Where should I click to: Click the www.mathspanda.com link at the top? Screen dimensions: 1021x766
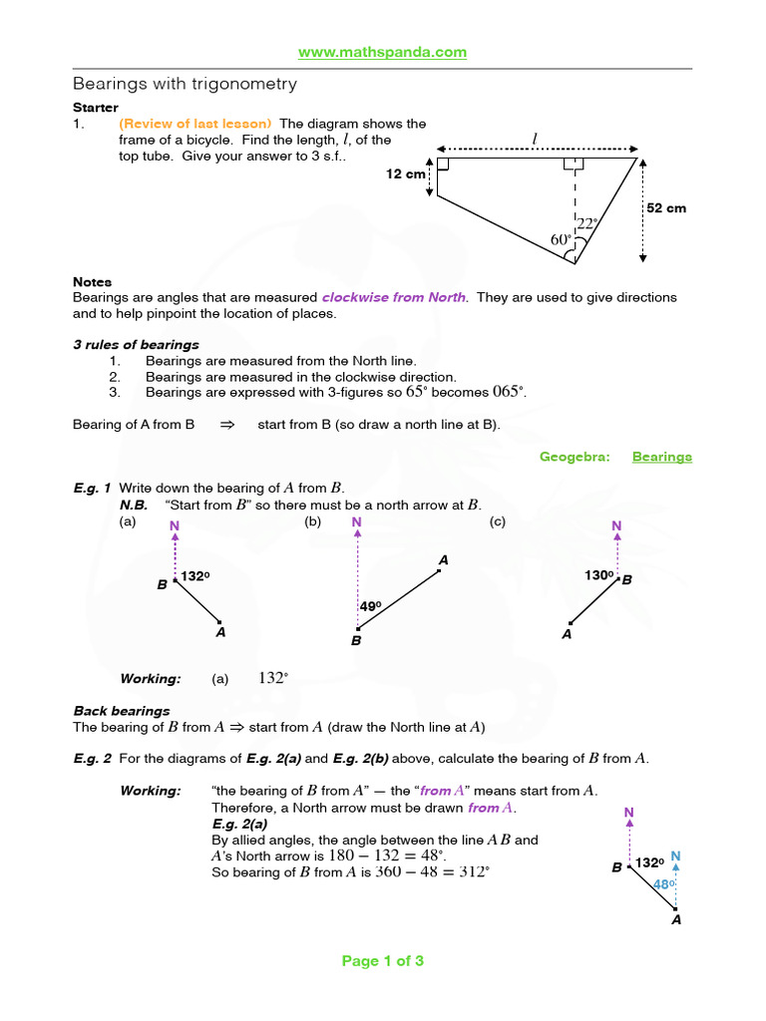383,52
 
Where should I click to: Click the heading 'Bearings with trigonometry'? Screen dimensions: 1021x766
185,84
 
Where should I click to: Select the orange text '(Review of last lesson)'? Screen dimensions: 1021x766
195,124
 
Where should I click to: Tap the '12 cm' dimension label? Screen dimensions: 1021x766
406,173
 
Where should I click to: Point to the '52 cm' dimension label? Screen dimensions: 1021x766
666,208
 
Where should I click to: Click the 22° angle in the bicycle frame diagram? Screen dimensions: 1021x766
585,224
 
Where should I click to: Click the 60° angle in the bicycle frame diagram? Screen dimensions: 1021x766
561,239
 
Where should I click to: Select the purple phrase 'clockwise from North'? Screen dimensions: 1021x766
393,297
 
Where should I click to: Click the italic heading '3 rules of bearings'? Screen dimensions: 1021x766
136,345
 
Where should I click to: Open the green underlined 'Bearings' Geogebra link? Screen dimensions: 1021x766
661,457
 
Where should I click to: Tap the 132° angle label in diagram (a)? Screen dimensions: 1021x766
195,576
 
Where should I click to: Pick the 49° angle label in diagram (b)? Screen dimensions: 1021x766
371,605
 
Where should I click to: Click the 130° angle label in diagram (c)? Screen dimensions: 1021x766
598,575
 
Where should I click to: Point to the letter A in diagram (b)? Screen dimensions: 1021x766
444,561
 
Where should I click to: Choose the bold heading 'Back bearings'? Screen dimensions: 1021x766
122,711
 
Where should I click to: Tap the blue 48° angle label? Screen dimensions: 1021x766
664,883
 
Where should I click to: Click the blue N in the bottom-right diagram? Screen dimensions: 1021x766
675,856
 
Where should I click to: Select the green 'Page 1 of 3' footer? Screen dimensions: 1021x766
383,961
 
